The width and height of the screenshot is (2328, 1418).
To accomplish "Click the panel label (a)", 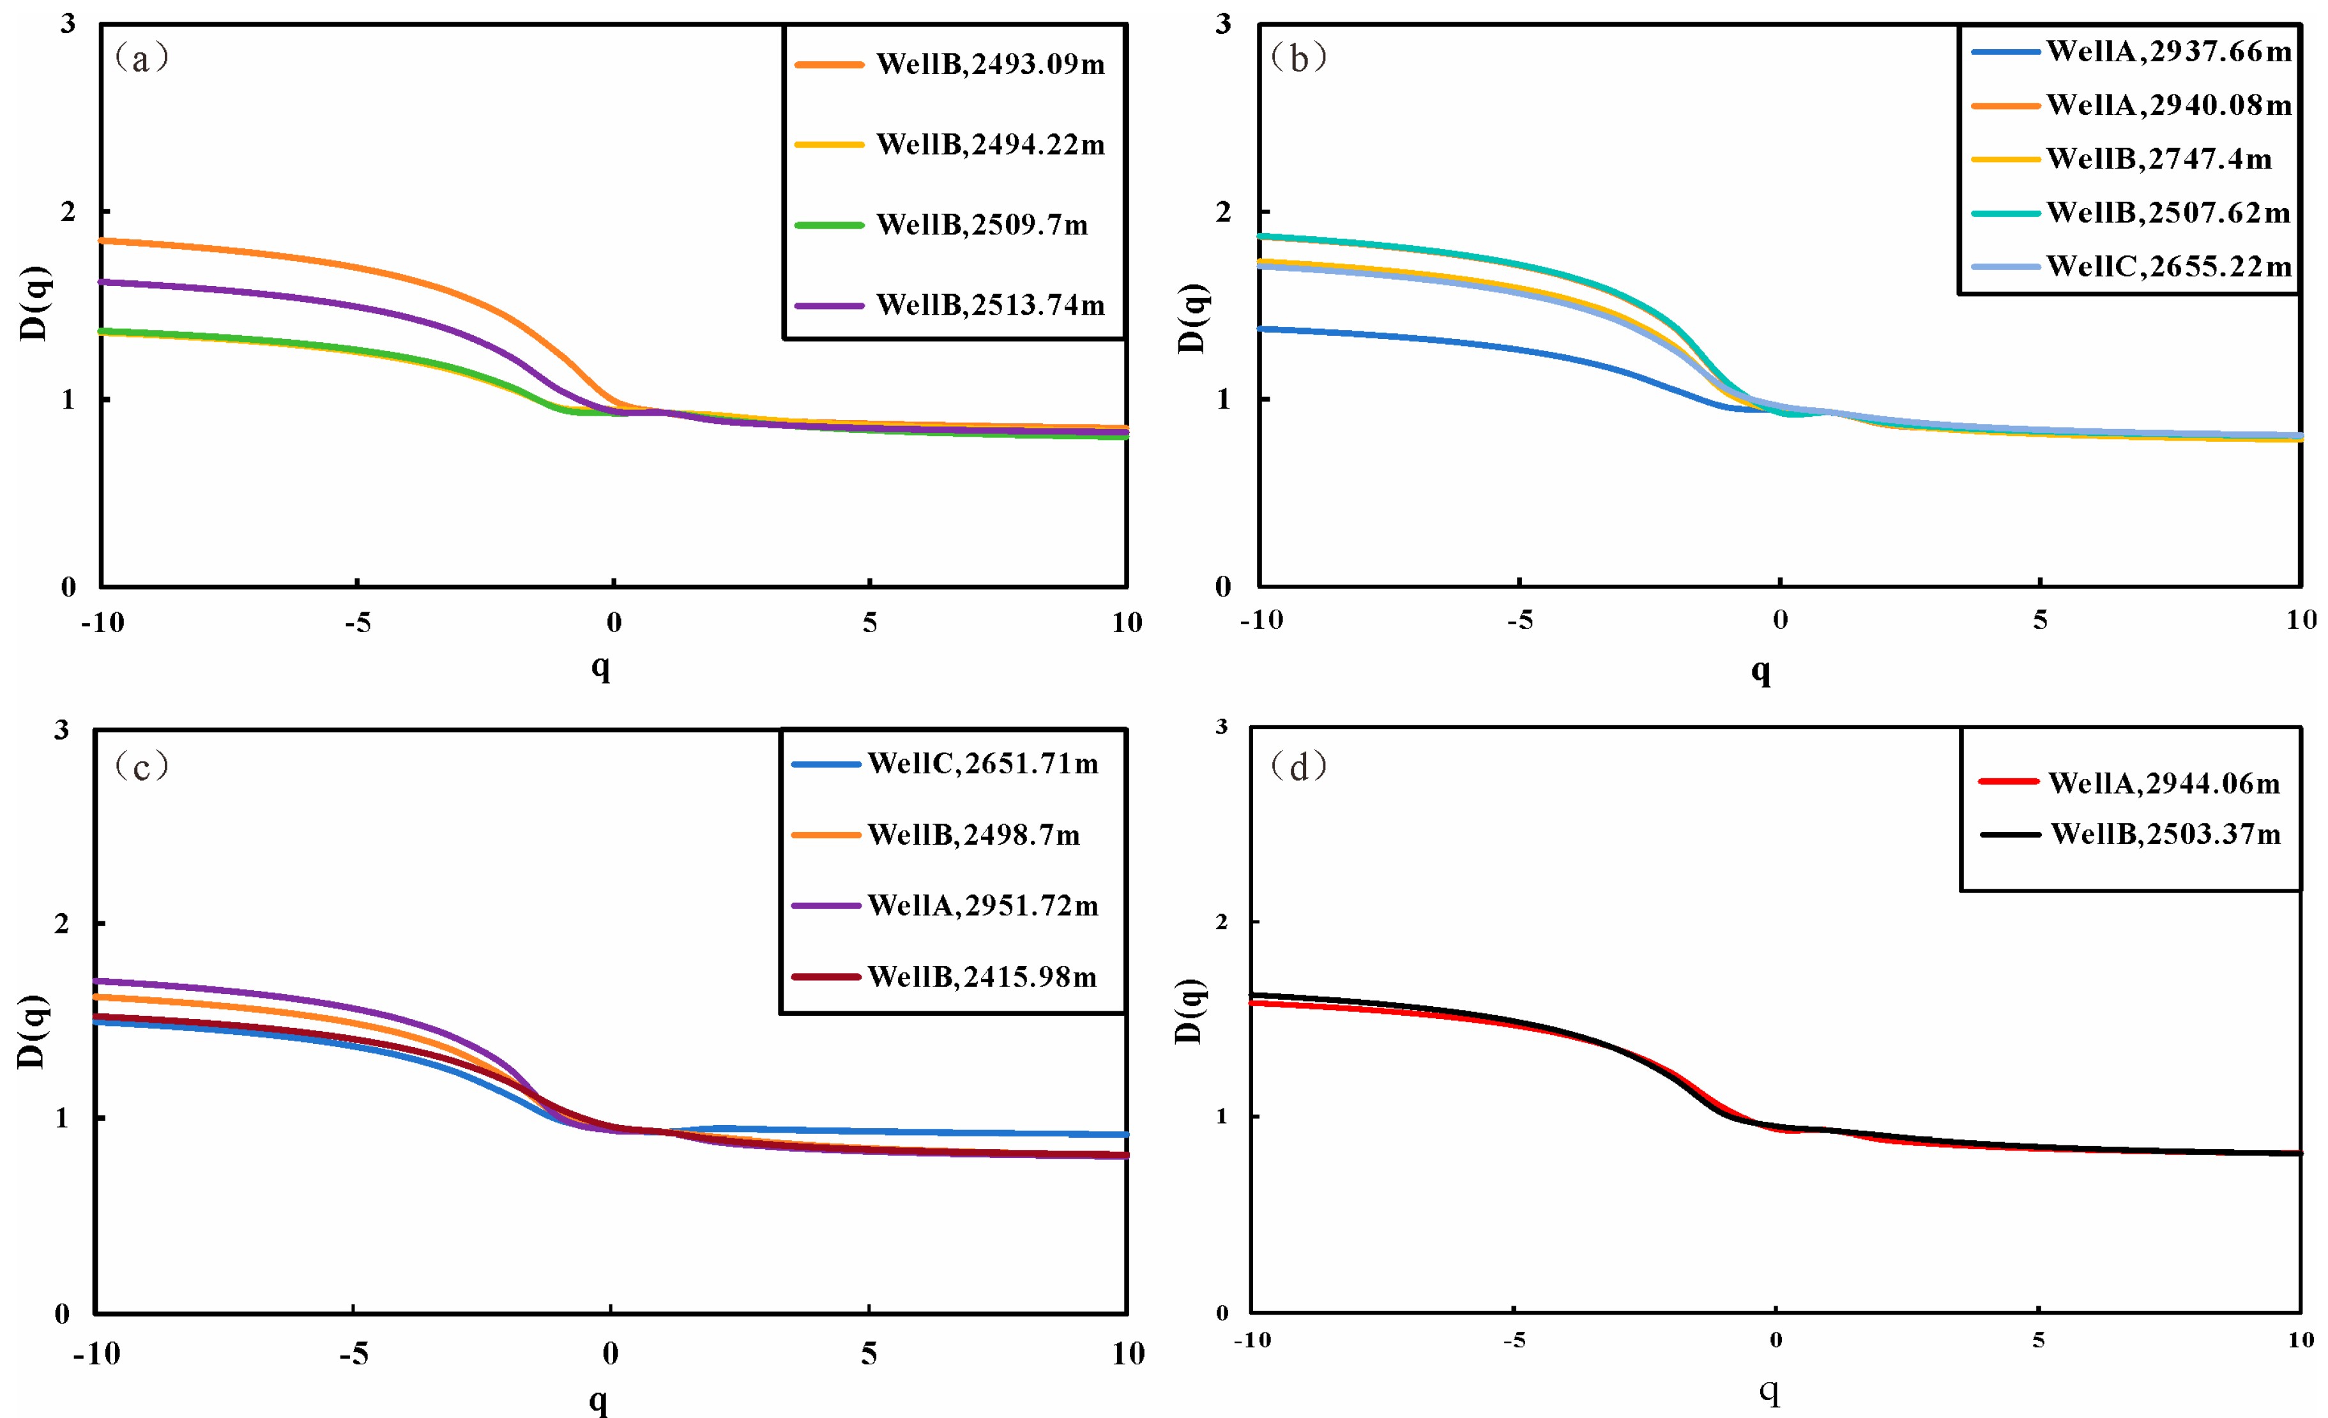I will [142, 59].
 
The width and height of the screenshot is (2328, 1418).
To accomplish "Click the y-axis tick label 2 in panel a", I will [68, 211].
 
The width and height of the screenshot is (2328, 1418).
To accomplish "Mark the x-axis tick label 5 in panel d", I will [2039, 1339].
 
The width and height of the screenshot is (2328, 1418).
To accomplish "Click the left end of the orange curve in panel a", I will [102, 241].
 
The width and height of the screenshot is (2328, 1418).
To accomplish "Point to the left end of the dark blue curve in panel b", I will [1261, 329].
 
